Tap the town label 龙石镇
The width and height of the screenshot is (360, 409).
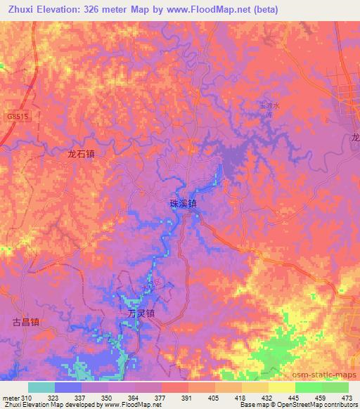click(x=82, y=152)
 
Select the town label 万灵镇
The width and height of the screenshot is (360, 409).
click(x=141, y=314)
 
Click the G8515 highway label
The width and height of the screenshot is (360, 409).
click(x=18, y=117)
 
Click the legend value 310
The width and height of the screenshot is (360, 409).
click(x=24, y=398)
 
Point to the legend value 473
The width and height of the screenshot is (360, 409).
click(x=348, y=398)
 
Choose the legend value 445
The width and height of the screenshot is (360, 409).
click(x=295, y=398)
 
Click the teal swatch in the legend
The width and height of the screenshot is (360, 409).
click(x=41, y=387)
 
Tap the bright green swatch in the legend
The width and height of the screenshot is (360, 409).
click(x=308, y=387)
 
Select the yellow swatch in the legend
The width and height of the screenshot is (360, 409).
click(x=281, y=387)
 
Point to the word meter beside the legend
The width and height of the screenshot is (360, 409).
click(x=9, y=398)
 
